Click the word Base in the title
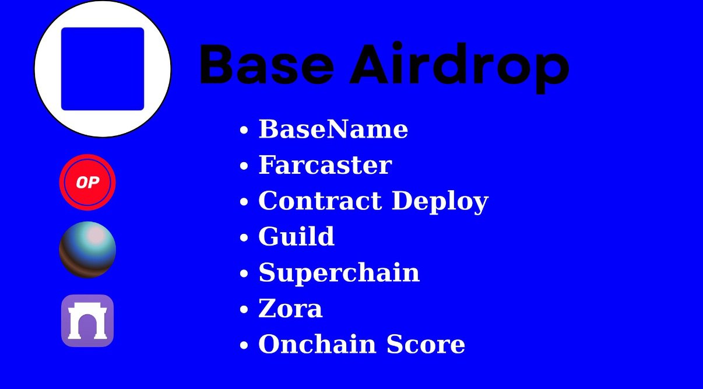point(266,64)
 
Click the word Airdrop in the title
point(459,67)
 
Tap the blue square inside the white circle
point(103,69)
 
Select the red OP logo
point(87,182)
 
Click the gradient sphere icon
point(87,250)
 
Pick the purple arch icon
point(87,321)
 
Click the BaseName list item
point(333,129)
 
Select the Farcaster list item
point(325,165)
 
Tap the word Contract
point(320,201)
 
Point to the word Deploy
point(440,202)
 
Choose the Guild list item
point(296,236)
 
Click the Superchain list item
point(339,273)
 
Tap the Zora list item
point(290,309)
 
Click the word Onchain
point(317,344)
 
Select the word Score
point(426,345)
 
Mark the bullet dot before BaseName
point(244,130)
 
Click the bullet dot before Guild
point(244,237)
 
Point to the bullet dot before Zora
point(244,309)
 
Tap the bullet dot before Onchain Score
point(244,345)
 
